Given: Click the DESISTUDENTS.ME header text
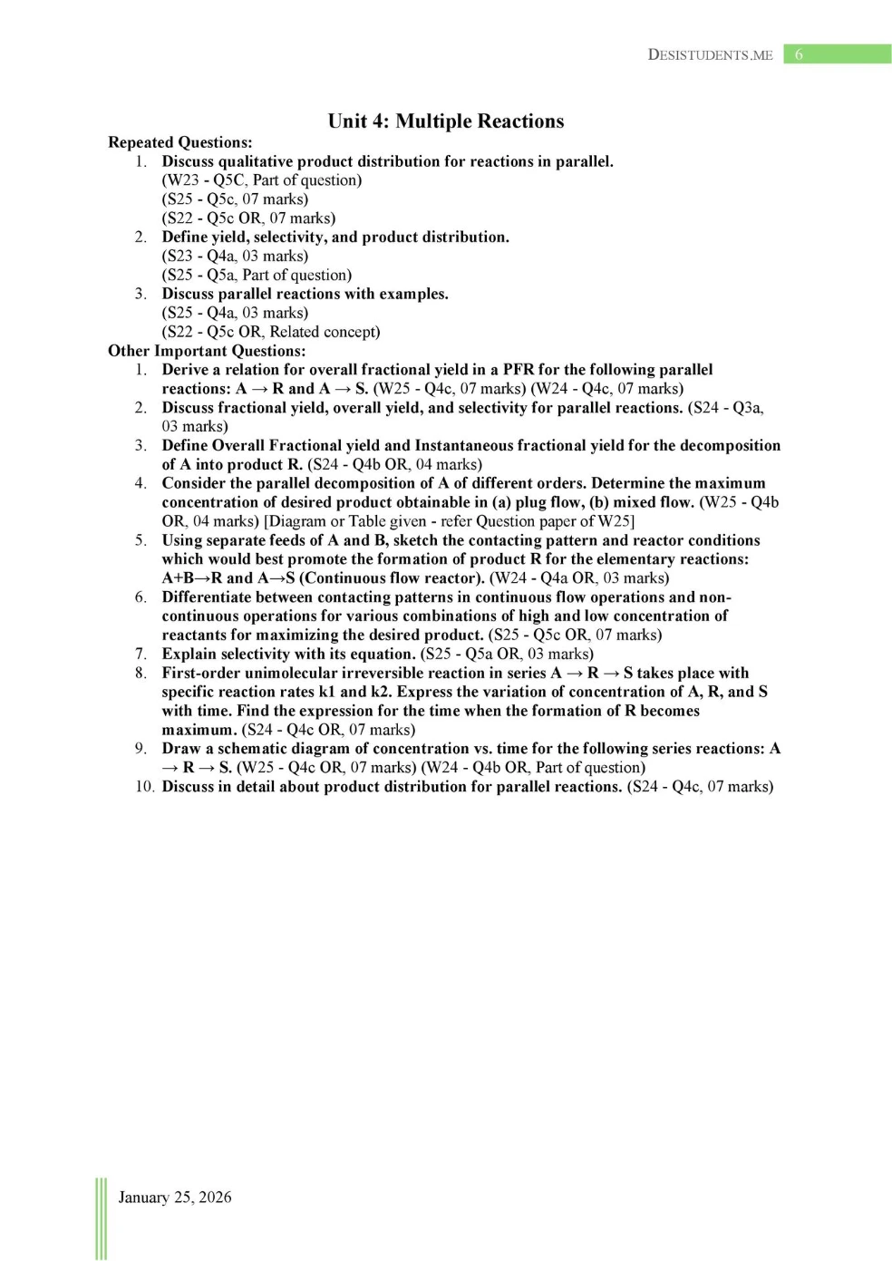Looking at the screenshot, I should (x=710, y=54).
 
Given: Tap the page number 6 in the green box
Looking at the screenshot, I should (x=799, y=54).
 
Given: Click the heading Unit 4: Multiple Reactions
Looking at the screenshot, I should (x=445, y=121).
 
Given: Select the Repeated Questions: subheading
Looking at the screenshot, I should (x=180, y=142).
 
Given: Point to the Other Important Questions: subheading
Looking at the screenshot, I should (x=207, y=351).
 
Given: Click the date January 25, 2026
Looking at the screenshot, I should (x=175, y=1197).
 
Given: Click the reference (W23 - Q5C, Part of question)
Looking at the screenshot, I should (x=262, y=180).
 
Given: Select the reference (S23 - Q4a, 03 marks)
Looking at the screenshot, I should (x=235, y=256).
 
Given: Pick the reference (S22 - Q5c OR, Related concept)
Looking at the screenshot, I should (x=271, y=332).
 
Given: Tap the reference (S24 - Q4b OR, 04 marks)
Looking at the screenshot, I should (x=394, y=465).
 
